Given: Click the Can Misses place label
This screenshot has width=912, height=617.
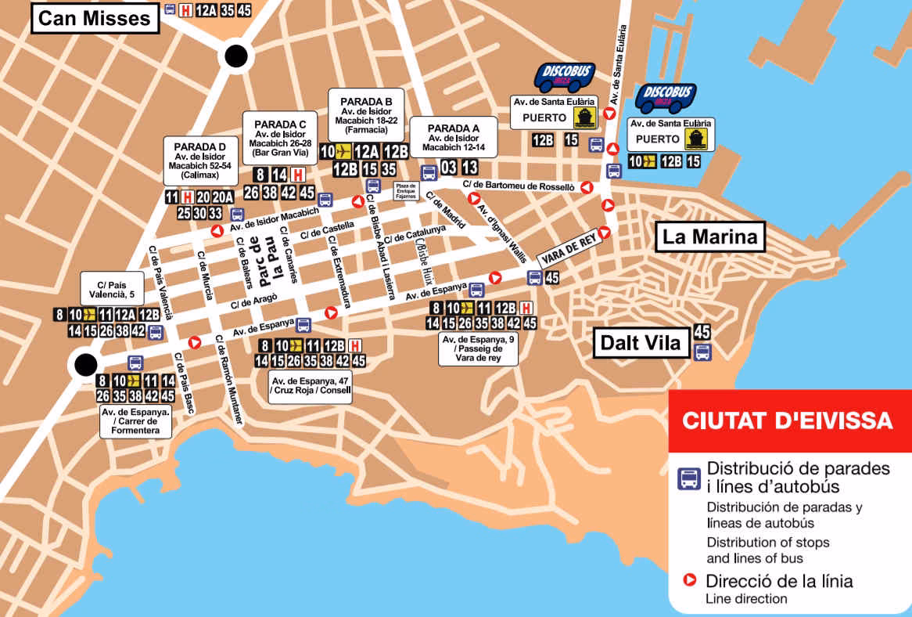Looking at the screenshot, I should (94, 18).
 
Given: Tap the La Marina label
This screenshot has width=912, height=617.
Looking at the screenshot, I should (710, 236).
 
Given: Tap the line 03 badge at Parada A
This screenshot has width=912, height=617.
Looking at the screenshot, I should (449, 167).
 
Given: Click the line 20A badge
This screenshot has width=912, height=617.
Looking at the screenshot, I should (223, 197).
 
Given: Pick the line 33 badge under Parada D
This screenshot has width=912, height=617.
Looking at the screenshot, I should (215, 213).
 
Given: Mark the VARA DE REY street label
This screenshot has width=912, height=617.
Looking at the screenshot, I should (572, 251).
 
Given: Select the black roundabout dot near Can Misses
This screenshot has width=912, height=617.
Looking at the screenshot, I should (235, 56).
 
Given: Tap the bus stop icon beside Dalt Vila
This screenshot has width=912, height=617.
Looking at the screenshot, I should (702, 352).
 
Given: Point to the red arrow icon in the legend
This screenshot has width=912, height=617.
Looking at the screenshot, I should (690, 581).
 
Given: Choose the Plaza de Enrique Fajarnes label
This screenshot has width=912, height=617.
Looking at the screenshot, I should (405, 190).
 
